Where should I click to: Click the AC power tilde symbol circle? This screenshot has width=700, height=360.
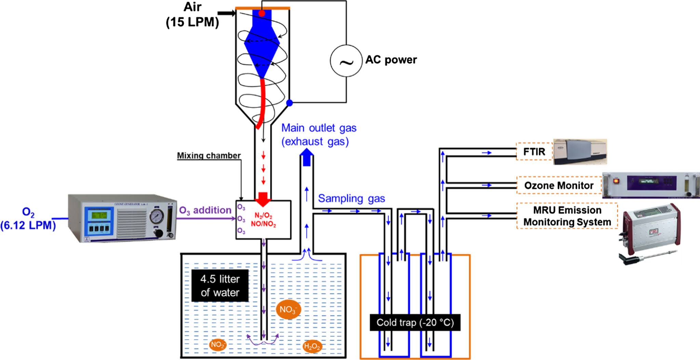pyautogui.click(x=346, y=61)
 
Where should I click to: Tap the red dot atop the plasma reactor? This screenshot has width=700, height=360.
pyautogui.click(x=261, y=14)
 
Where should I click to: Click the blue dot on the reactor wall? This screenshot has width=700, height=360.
pyautogui.click(x=290, y=103)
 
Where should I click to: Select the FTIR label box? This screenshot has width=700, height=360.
pyautogui.click(x=534, y=151)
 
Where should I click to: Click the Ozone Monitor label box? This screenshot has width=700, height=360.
pyautogui.click(x=559, y=185)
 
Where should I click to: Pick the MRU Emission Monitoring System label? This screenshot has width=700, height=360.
pyautogui.click(x=567, y=216)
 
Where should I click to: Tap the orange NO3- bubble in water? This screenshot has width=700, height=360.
pyautogui.click(x=288, y=309)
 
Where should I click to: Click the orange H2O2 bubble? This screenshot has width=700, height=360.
pyautogui.click(x=312, y=346)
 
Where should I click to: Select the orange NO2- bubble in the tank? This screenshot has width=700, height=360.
pyautogui.click(x=218, y=344)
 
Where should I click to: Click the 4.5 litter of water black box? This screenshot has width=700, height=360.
pyautogui.click(x=220, y=286)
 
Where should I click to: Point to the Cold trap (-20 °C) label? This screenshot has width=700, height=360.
pyautogui.click(x=415, y=322)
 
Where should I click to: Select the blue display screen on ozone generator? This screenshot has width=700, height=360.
pyautogui.click(x=98, y=215)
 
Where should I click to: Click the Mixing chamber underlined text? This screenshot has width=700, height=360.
pyautogui.click(x=209, y=156)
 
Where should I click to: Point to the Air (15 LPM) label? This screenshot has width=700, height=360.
pyautogui.click(x=192, y=15)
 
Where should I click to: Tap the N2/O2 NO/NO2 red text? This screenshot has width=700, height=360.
pyautogui.click(x=263, y=220)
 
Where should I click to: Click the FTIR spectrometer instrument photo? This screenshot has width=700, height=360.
pyautogui.click(x=580, y=151)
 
